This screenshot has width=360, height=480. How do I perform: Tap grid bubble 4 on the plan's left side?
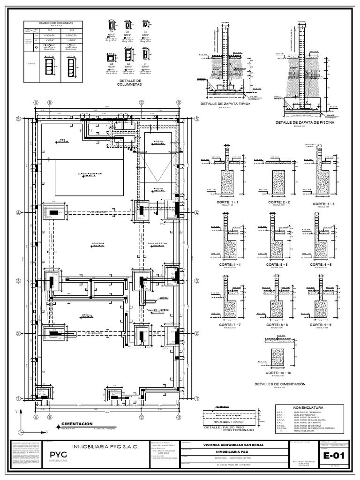click(x=18, y=212)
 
